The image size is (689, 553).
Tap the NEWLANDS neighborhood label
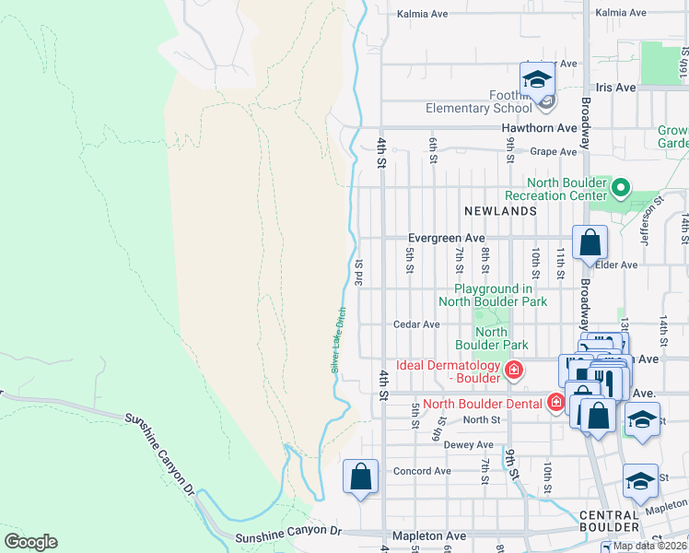(x=500, y=211)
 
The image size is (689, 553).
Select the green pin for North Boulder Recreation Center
(x=621, y=189)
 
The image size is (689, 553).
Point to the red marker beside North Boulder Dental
(x=555, y=402)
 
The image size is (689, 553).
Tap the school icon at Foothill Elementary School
(x=537, y=81)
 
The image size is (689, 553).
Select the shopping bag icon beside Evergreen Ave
(x=590, y=243)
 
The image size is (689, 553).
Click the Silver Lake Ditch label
(x=337, y=340)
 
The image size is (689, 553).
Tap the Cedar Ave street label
(x=416, y=324)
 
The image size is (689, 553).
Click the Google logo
(x=30, y=542)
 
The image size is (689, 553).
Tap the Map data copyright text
(x=649, y=546)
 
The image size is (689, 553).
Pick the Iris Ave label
(x=615, y=87)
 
